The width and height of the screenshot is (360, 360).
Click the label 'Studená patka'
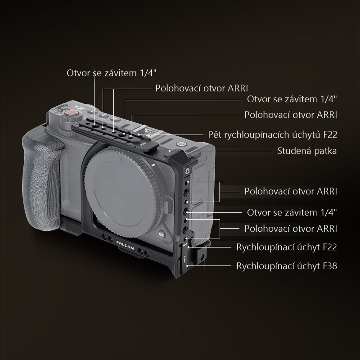[x=307, y=151]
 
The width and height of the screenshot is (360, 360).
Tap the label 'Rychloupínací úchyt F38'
[x=287, y=266]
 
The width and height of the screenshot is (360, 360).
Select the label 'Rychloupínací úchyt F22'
[x=287, y=247]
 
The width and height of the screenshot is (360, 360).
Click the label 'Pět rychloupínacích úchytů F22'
[x=273, y=135]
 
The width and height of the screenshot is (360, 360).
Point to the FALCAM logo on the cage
[x=126, y=245]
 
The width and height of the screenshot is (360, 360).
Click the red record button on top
[x=72, y=113]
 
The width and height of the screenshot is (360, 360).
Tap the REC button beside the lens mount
[x=162, y=234]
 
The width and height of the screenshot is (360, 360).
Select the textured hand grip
[x=42, y=181]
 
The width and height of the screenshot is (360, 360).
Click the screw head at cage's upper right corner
[x=188, y=171]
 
